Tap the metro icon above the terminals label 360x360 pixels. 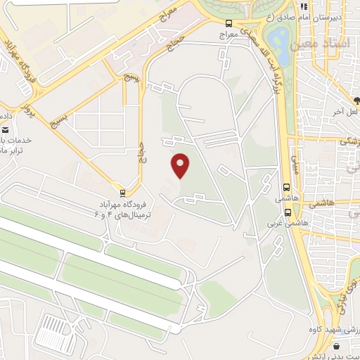124,193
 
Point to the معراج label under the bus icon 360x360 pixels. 229,34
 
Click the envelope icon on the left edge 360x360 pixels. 5,129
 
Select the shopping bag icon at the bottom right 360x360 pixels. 337,346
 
